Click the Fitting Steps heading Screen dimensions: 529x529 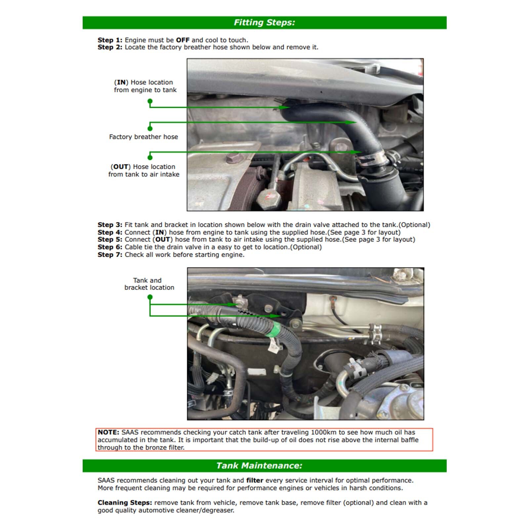264,22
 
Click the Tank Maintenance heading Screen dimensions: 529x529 259,466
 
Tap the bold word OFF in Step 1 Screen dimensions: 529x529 183,40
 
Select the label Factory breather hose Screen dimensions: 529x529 143,137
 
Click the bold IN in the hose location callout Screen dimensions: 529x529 121,82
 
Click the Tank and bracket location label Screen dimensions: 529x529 149,284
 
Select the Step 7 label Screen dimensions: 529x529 110,255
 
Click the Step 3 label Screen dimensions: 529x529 110,225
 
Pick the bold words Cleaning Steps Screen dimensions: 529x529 125,503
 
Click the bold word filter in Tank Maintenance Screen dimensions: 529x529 255,480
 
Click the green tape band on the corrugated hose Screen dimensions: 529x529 276,330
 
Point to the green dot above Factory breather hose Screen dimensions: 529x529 150,128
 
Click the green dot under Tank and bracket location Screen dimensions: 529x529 150,297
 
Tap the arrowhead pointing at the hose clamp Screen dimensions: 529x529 356,152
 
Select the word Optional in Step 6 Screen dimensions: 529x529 306,247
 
